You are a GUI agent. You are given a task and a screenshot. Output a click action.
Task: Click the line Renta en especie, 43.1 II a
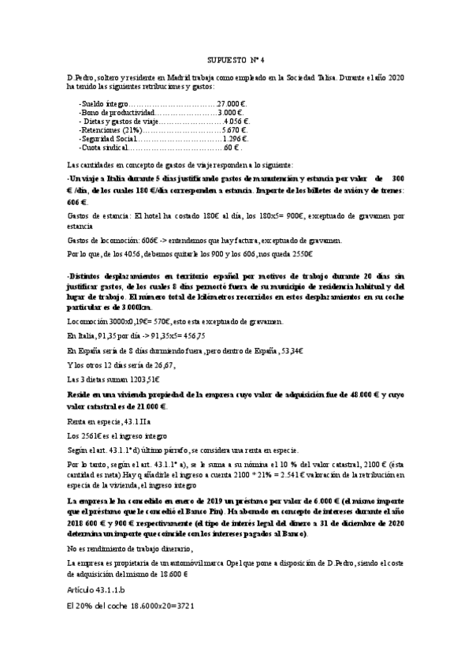pyautogui.click(x=114, y=421)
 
